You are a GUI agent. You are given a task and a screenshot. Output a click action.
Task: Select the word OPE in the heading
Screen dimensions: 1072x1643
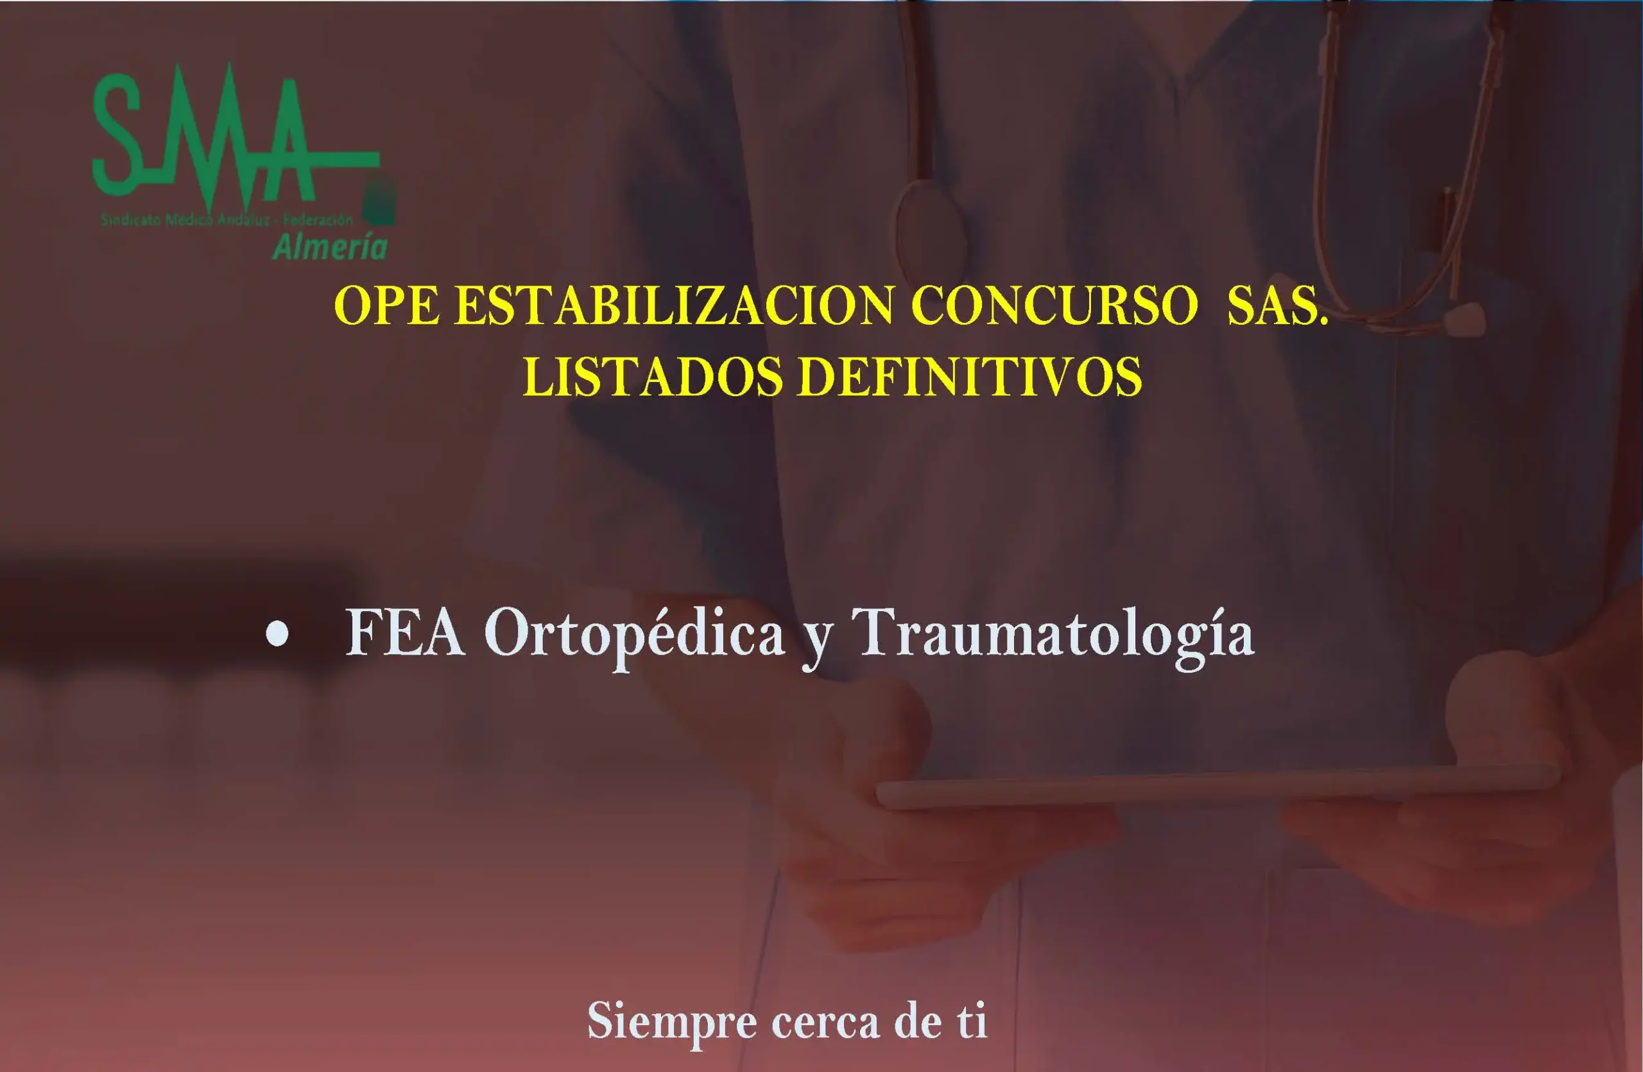(386, 306)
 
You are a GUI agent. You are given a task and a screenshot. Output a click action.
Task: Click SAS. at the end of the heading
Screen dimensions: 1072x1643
(1278, 306)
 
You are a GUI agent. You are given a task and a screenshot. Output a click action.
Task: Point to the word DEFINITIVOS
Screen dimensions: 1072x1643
(969, 377)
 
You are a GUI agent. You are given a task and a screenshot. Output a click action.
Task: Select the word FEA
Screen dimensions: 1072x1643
(404, 634)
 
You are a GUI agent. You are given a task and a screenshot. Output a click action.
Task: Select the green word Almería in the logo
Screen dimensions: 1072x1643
(329, 247)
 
